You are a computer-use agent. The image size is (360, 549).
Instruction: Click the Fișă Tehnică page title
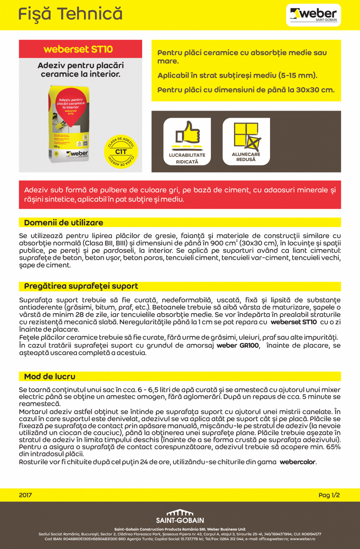[70, 14]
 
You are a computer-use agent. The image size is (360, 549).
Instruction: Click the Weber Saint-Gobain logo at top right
[313, 15]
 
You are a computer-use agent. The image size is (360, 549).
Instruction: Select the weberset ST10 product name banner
[78, 49]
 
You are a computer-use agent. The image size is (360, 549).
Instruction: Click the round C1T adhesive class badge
[121, 152]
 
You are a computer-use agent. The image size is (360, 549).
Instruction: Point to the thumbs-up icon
[187, 133]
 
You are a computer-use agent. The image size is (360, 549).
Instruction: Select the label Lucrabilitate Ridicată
[187, 158]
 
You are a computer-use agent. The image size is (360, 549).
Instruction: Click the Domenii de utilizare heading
[64, 223]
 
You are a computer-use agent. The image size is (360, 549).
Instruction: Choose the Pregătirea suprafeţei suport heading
[81, 286]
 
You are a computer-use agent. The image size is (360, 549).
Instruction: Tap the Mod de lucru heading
[50, 377]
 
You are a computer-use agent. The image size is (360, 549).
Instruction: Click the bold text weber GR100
[238, 346]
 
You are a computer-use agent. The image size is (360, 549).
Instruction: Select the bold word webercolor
[297, 462]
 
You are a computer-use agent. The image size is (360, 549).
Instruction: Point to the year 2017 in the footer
[25, 495]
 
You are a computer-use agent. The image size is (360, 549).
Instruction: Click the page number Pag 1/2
[329, 495]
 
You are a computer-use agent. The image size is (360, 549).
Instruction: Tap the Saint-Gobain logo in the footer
[180, 517]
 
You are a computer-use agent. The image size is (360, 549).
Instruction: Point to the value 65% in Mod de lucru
[333, 447]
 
